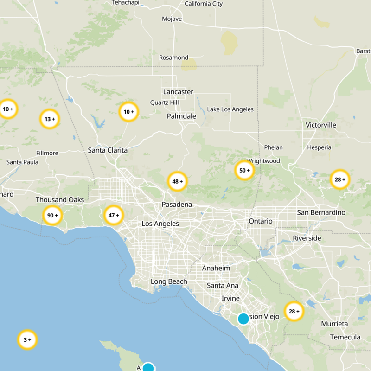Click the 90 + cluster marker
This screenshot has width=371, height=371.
pos(53,215)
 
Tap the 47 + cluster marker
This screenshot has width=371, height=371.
pos(114,215)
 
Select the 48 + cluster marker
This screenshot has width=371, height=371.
pos(177,181)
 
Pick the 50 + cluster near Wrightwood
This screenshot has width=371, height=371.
pos(244,170)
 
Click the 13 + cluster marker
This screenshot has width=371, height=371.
pos(50,119)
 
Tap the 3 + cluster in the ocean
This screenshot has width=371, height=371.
pos(27,340)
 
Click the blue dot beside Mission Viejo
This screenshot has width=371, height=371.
pos(243,319)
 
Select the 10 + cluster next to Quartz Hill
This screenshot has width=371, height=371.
pos(128,112)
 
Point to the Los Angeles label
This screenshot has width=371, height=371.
pos(160,224)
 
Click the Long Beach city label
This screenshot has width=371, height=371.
pos(169,281)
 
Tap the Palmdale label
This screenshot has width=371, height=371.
pos(181,116)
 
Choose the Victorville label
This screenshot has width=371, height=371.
pos(321,125)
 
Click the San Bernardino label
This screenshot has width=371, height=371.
pos(321,212)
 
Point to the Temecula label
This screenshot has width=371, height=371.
pos(345,337)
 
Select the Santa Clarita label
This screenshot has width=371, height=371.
pos(108,150)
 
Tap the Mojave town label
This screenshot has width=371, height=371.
pos(172,19)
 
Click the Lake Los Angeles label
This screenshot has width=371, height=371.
pos(230,109)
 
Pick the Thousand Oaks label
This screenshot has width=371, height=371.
pos(60,200)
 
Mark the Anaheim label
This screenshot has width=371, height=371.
pos(216,268)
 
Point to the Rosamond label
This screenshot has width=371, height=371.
pos(173,58)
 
